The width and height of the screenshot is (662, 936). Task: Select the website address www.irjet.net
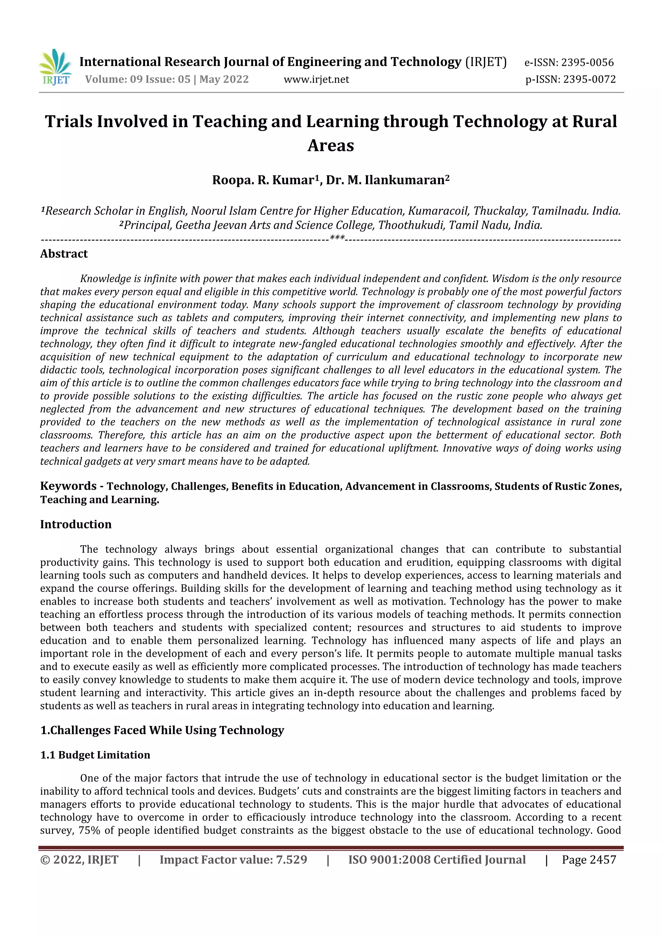click(x=316, y=79)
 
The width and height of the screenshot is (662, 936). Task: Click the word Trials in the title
click(x=69, y=122)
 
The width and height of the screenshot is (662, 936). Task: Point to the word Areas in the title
click(x=331, y=145)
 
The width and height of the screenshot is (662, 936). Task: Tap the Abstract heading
click(x=64, y=254)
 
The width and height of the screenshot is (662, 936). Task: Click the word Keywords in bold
click(x=68, y=486)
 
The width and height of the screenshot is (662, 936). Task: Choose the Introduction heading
click(x=76, y=524)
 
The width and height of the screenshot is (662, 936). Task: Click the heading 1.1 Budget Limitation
click(x=95, y=755)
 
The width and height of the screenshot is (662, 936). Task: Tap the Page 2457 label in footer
click(x=589, y=860)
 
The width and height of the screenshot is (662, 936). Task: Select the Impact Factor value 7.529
click(x=292, y=860)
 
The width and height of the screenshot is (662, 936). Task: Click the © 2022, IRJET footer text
click(x=80, y=860)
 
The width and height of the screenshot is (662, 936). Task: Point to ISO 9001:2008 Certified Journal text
click(x=437, y=860)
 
